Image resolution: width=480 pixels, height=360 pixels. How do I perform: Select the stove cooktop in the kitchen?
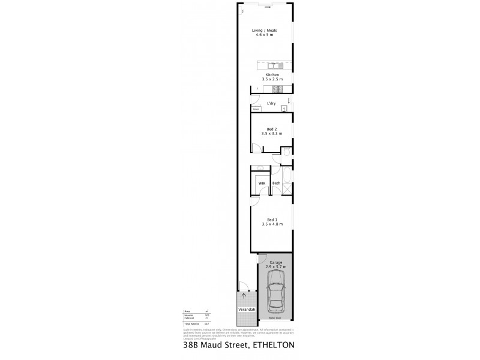pos(277,90)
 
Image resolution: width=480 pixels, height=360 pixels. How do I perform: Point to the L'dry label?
pos(271,104)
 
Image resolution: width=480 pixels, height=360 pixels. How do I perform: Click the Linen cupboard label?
pos(256,110)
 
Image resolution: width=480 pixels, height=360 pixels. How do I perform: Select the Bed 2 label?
pos(272,129)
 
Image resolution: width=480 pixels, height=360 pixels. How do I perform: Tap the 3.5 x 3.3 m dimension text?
pos(272,134)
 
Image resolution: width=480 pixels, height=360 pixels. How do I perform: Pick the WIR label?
pos(262,183)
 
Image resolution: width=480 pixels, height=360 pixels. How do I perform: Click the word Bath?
pos(277,183)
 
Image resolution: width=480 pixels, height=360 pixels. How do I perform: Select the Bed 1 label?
pos(272,220)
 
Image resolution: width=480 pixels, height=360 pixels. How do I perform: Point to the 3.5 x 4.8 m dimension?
pos(272,224)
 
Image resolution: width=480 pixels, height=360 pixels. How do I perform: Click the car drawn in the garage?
pos(275,292)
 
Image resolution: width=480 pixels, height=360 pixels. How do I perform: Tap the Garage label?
pos(276,262)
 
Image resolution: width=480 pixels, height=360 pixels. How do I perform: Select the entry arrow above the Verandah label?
pos(244,296)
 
